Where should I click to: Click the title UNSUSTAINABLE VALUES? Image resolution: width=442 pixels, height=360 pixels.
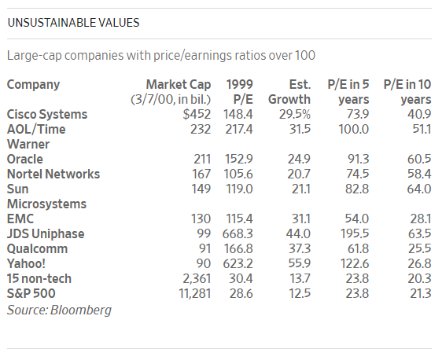point(73,23)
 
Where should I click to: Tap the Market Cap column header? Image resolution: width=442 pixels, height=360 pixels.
point(171,92)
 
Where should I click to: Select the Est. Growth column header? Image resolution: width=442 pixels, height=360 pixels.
point(289,92)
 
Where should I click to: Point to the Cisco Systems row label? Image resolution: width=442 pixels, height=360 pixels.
point(47,114)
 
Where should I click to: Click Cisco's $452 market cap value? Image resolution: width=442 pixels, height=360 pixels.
point(197,114)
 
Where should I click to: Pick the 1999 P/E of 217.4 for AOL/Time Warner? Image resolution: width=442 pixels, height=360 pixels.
point(239,129)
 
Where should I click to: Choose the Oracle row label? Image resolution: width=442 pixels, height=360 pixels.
point(25,159)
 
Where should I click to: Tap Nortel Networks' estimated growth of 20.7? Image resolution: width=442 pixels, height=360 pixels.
point(299,174)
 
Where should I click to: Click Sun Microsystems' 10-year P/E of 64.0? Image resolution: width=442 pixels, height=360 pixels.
point(419,189)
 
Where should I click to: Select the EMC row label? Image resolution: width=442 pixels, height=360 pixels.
point(20,219)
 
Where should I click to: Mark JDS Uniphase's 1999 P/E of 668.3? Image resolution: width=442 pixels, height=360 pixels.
point(238,233)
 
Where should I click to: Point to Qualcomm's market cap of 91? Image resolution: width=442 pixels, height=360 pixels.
point(204,248)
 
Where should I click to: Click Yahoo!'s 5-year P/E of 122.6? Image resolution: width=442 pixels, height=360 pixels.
point(355,263)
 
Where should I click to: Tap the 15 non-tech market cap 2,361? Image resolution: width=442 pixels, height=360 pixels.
point(197,278)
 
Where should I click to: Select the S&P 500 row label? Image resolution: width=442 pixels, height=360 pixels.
point(31,293)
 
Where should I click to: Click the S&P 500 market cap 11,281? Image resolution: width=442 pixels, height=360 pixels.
point(195,293)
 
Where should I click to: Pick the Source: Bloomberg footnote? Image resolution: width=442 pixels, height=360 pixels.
point(59,310)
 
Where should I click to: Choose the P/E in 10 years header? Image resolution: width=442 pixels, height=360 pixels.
point(407,92)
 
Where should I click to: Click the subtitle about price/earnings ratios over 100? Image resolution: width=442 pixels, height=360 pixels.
point(161,56)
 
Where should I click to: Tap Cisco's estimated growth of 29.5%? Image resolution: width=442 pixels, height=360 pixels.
point(295,114)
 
